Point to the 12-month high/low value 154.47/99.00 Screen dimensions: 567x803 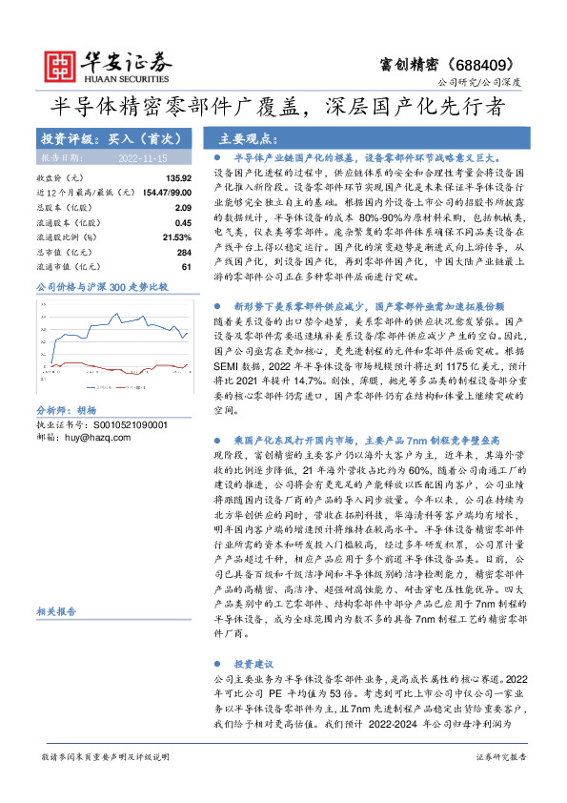coord(168,193)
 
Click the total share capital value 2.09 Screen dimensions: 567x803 coord(184,207)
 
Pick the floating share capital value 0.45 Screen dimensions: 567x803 coord(184,222)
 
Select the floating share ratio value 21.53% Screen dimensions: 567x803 coord(177,237)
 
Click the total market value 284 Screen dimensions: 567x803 coord(185,252)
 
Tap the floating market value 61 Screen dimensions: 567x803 coord(188,266)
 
